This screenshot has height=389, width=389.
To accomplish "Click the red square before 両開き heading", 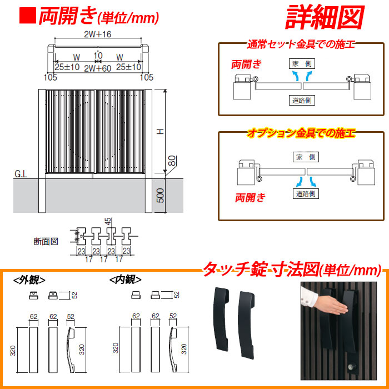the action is click(28, 16).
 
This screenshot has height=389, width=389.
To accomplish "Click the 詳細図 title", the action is click(325, 17).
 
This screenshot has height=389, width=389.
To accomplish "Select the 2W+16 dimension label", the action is click(98, 34).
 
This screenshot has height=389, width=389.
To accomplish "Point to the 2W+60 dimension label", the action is click(98, 68).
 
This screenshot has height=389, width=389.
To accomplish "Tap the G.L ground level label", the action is click(21, 174).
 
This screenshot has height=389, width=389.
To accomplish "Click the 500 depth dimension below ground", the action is click(161, 196).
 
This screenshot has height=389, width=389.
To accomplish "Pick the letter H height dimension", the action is click(161, 131).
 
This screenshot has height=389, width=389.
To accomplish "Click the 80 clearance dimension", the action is click(172, 161).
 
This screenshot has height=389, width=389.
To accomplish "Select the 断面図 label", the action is click(46, 241).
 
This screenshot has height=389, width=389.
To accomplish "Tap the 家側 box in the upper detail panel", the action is click(302, 64).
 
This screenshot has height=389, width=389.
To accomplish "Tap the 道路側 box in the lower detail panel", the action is click(306, 193).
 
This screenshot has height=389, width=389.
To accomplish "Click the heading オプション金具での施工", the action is click(301, 133).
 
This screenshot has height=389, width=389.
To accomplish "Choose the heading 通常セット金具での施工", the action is click(301, 44).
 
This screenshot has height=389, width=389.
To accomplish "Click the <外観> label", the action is click(29, 280).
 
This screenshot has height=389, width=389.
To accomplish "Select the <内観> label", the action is click(126, 280).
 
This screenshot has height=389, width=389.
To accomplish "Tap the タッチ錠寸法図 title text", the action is click(260, 270).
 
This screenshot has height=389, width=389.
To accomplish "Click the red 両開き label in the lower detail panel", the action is click(250, 198).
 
